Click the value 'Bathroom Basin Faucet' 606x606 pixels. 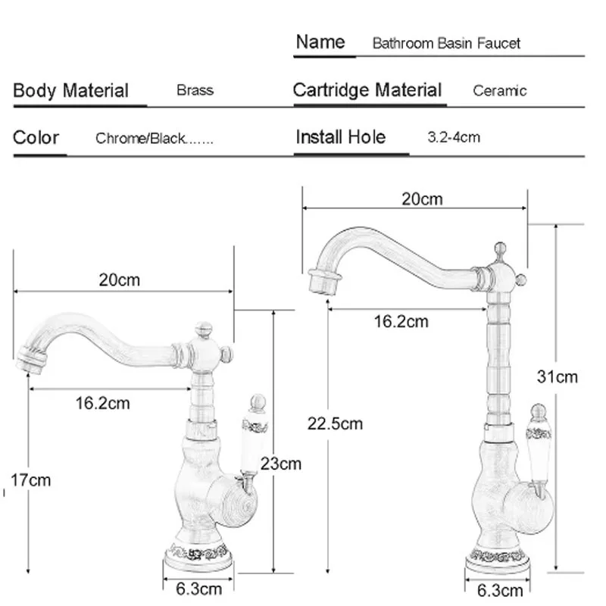[x=446, y=43]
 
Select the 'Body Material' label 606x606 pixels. [x=71, y=91]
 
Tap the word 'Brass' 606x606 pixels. [x=195, y=91]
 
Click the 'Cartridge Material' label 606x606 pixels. [x=367, y=91]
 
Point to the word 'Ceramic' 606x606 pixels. [x=499, y=91]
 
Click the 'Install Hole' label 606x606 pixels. [x=340, y=137]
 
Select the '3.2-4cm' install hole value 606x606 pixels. [x=454, y=137]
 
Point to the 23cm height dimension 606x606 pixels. [x=280, y=464]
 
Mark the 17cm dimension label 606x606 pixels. [x=30, y=479]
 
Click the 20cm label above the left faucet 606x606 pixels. [x=120, y=280]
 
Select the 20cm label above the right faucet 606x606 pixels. [x=422, y=199]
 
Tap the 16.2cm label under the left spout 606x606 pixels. [x=102, y=403]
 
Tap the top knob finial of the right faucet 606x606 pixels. [x=498, y=249]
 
